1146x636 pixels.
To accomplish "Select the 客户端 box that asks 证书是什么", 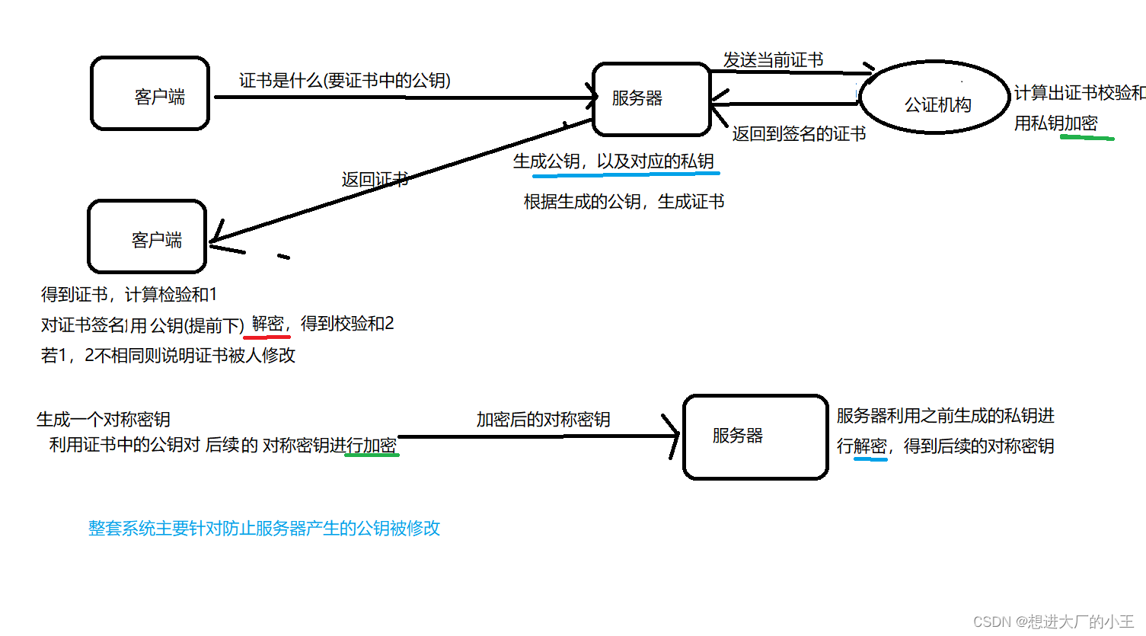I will pos(150,94).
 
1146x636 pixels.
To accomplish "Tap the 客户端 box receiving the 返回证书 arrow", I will pos(148,237).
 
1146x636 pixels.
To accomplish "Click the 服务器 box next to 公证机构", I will pos(651,98).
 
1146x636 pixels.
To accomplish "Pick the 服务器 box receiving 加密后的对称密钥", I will pos(755,436).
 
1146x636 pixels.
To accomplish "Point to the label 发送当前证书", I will pos(773,60).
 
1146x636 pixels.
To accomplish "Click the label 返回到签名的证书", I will pos(799,134).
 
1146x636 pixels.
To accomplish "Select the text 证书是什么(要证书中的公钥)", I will pos(345,81).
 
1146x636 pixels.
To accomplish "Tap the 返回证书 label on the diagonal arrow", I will pos(375,180).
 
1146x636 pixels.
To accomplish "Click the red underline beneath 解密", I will pos(267,336).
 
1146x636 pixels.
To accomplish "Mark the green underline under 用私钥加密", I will pos(1087,138).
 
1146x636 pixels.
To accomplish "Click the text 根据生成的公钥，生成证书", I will pos(624,202).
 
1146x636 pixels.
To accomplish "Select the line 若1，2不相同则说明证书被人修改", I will pos(168,356).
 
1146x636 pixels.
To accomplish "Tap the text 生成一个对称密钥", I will pos(104,419).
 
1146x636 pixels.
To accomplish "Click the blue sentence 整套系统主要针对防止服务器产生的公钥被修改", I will pos(264,529).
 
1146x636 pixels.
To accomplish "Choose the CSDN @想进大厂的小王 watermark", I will pos(1053,622).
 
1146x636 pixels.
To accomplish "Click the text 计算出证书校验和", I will pos(1079,93).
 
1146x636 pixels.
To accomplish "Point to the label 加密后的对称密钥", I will pos(543,420).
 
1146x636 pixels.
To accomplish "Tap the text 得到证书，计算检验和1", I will pos(129,295).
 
